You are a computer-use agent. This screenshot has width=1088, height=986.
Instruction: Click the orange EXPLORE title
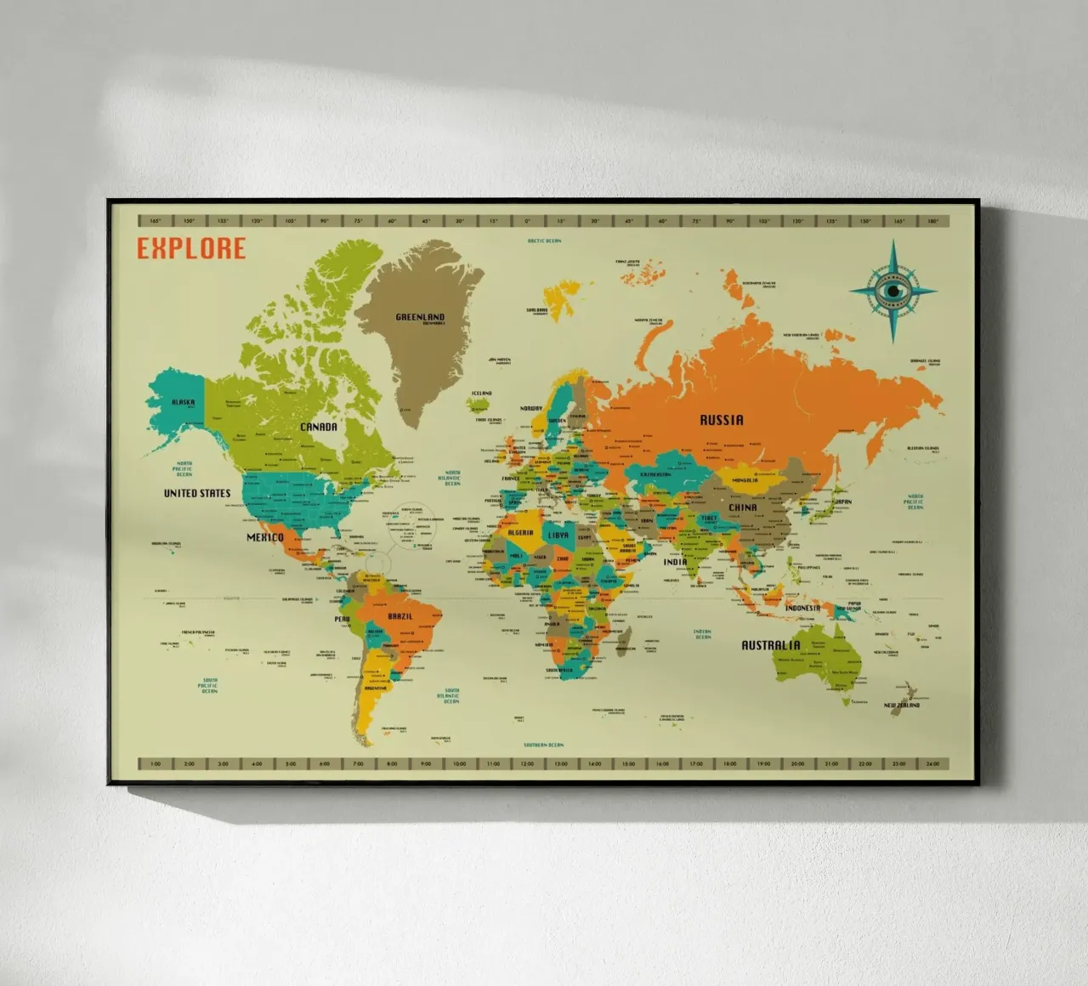(x=191, y=248)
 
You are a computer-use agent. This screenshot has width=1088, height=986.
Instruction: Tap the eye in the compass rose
(x=892, y=290)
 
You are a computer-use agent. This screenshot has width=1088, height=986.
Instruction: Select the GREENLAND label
(x=420, y=317)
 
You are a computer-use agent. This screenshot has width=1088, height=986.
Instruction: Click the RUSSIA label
(x=721, y=420)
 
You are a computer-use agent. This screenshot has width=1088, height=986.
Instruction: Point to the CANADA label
(x=319, y=427)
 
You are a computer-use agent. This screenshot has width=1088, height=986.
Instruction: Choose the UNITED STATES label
(x=197, y=493)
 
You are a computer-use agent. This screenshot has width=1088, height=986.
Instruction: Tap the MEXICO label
(x=265, y=537)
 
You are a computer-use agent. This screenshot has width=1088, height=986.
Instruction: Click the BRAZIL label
(x=400, y=615)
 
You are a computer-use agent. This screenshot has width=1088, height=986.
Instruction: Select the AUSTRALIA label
(x=771, y=645)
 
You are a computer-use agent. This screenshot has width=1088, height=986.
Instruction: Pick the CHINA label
(x=742, y=507)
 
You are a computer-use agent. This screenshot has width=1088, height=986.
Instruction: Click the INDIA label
(x=675, y=562)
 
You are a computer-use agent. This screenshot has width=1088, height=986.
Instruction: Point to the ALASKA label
(x=183, y=402)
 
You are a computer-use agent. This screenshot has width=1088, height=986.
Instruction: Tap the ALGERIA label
(x=520, y=533)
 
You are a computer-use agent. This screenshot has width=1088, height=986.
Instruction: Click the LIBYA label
(x=558, y=535)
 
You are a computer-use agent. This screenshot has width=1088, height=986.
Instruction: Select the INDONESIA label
(x=802, y=608)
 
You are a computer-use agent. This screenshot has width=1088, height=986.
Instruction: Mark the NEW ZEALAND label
(x=902, y=705)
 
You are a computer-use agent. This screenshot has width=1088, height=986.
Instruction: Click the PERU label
(x=342, y=619)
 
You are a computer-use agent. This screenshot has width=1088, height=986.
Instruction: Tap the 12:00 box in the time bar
(x=527, y=763)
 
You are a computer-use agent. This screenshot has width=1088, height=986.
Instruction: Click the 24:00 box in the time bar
(x=932, y=763)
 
